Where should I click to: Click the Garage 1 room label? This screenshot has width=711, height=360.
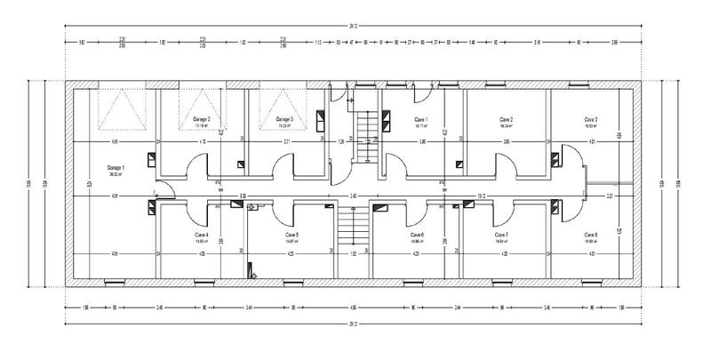point(116,167)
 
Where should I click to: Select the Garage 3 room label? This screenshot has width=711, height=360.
point(284,118)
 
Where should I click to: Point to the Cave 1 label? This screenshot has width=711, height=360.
point(420,118)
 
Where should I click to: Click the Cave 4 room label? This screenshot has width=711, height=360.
point(201,235)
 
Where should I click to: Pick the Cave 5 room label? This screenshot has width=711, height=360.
point(291,235)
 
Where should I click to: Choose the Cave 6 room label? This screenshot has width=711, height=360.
point(417,235)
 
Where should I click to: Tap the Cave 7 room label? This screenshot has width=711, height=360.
point(501,235)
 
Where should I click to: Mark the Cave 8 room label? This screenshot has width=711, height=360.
point(590,235)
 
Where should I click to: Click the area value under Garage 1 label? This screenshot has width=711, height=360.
point(116,174)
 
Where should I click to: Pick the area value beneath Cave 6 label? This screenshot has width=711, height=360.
point(417,241)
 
